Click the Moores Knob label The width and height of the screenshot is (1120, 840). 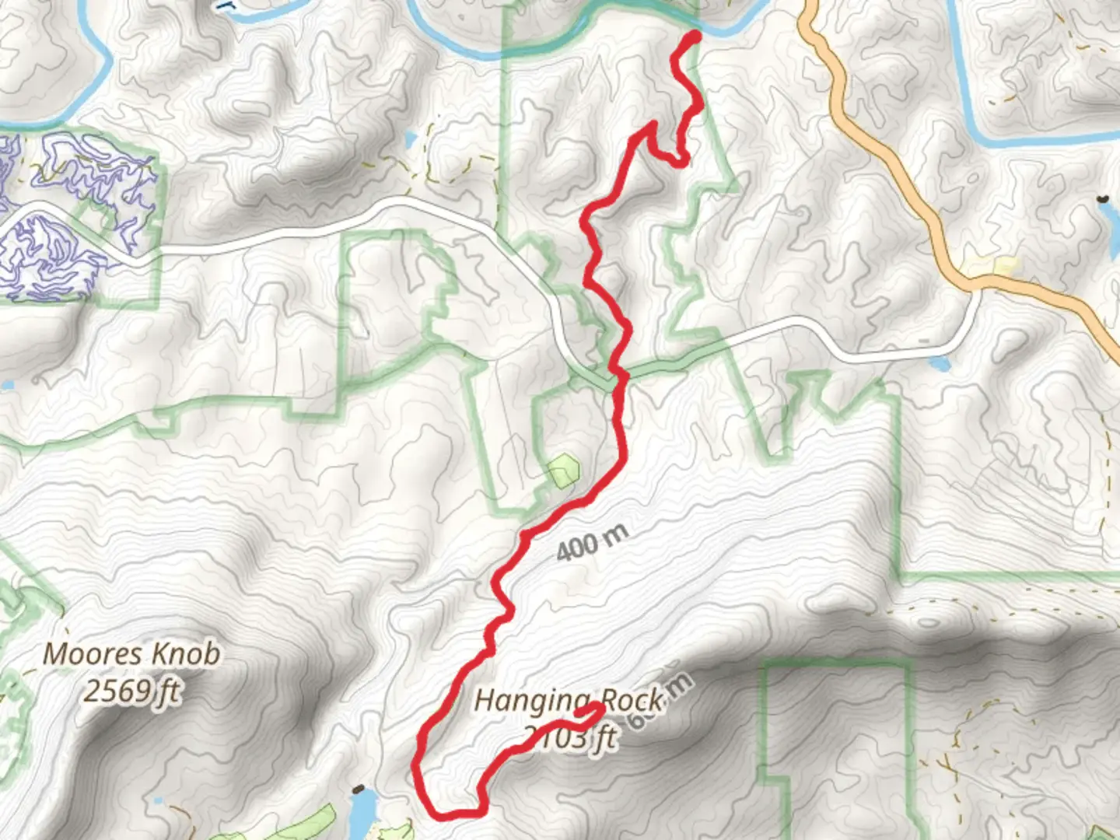[131, 654]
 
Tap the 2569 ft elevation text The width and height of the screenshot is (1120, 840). [131, 690]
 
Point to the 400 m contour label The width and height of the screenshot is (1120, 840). [593, 541]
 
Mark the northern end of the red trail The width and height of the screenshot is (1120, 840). [694, 36]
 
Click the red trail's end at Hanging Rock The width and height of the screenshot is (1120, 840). [597, 707]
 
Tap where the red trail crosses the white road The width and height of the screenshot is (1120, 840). [619, 376]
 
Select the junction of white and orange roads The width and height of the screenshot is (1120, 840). [977, 289]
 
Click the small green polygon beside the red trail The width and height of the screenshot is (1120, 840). [563, 470]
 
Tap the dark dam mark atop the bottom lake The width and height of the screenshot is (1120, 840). [358, 789]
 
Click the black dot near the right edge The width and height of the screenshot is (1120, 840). [1102, 200]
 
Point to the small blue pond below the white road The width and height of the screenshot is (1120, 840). [939, 362]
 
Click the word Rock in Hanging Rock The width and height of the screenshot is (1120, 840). [632, 701]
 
